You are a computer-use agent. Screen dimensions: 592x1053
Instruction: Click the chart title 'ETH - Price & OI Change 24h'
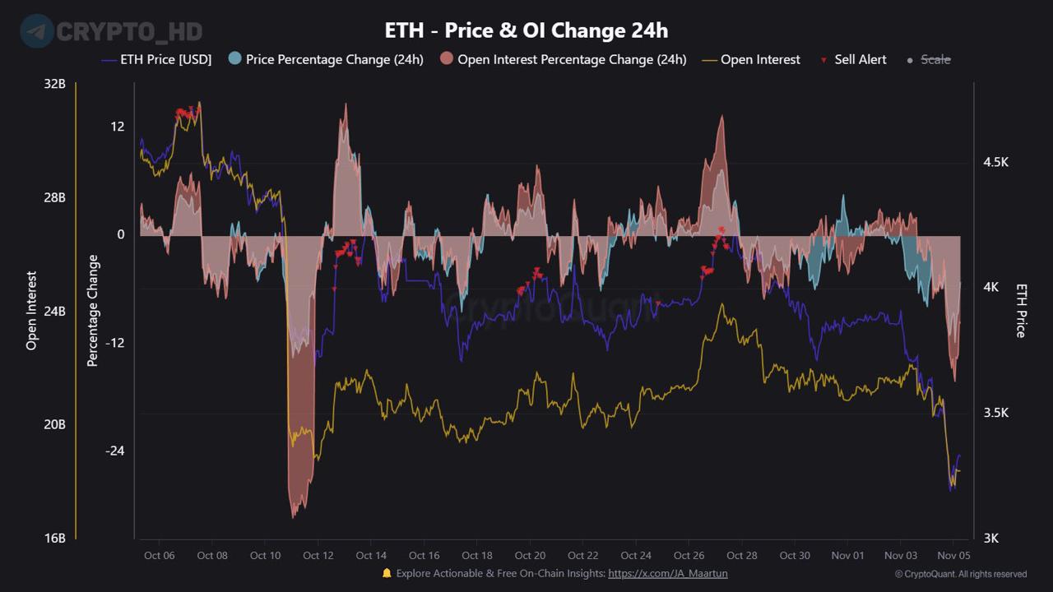point(526,30)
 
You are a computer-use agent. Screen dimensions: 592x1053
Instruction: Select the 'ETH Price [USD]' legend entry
point(165,59)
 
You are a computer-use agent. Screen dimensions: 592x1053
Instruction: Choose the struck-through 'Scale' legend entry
point(935,59)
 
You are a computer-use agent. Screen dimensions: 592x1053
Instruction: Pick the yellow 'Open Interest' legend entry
point(759,59)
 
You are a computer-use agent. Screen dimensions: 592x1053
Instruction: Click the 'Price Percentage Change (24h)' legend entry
point(334,59)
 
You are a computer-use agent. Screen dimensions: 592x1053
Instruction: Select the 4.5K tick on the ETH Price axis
point(995,162)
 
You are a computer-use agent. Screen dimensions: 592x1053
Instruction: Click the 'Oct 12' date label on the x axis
point(318,556)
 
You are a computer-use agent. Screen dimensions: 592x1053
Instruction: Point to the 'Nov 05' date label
point(953,556)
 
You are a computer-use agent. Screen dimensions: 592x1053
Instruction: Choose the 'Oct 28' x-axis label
point(742,556)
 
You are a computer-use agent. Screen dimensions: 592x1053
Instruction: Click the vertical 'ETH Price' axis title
point(1021,311)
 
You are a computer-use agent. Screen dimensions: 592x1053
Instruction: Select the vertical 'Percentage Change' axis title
point(93,311)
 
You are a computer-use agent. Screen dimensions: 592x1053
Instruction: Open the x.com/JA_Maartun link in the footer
point(667,574)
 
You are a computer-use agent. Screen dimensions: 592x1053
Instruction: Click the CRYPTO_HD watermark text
point(129,31)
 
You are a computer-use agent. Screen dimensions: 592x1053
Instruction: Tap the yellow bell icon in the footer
point(387,573)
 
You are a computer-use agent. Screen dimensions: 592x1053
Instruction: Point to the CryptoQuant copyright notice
point(960,574)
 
